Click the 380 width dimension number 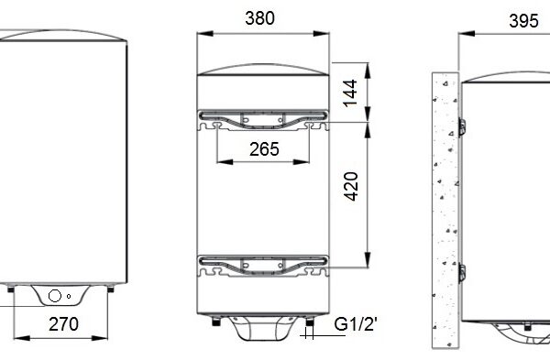tap(260, 18)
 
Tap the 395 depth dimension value tap(523, 21)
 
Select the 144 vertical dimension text tap(350, 93)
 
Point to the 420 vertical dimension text tap(351, 186)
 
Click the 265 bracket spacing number tap(264, 149)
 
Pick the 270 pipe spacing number tap(63, 324)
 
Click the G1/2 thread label tap(356, 324)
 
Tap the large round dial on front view tap(55, 296)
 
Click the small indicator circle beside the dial tap(69, 296)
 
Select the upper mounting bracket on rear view tap(263, 121)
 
